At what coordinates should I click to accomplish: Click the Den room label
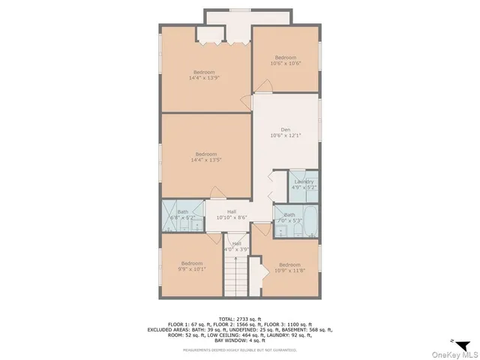(x=285, y=132)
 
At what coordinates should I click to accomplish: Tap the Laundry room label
(x=304, y=184)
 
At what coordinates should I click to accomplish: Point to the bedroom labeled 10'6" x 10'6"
(x=285, y=60)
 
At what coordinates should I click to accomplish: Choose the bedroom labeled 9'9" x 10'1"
(x=191, y=265)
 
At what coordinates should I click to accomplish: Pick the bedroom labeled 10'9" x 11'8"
(x=289, y=267)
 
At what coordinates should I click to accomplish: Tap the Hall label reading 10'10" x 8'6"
(x=232, y=214)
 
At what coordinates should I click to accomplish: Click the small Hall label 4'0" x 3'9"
(x=237, y=246)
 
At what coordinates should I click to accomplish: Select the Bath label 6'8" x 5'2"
(x=183, y=214)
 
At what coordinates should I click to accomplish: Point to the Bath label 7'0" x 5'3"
(x=289, y=217)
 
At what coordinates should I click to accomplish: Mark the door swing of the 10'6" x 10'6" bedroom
(x=259, y=100)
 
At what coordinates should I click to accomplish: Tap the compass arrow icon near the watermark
(x=463, y=343)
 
